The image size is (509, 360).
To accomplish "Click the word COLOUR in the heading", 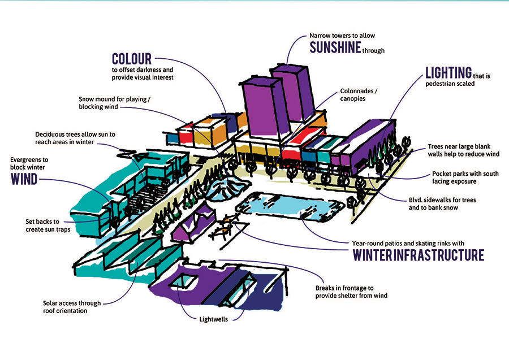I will [132, 59].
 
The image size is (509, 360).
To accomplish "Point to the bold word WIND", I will [25, 180].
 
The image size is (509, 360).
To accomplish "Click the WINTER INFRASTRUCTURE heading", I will [419, 255].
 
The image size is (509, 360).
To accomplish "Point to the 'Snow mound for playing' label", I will [113, 102].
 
